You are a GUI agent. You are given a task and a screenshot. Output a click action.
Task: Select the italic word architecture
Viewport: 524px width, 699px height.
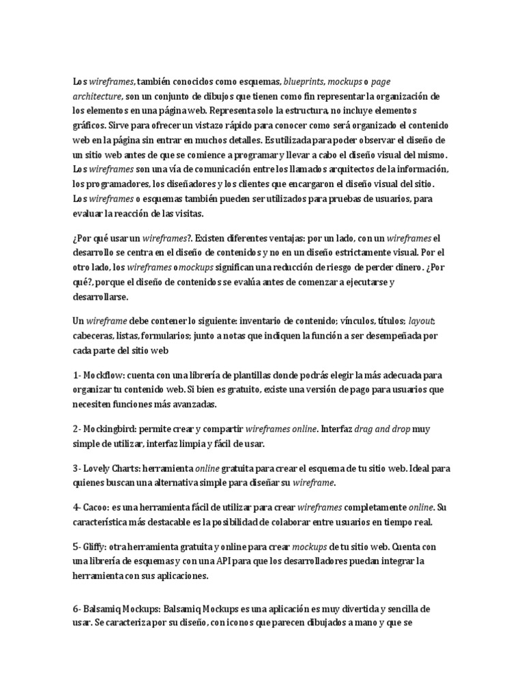point(98,96)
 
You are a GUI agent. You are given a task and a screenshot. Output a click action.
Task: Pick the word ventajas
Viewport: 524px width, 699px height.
point(283,238)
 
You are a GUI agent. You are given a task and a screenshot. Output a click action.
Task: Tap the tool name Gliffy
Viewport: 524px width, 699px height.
point(95,547)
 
